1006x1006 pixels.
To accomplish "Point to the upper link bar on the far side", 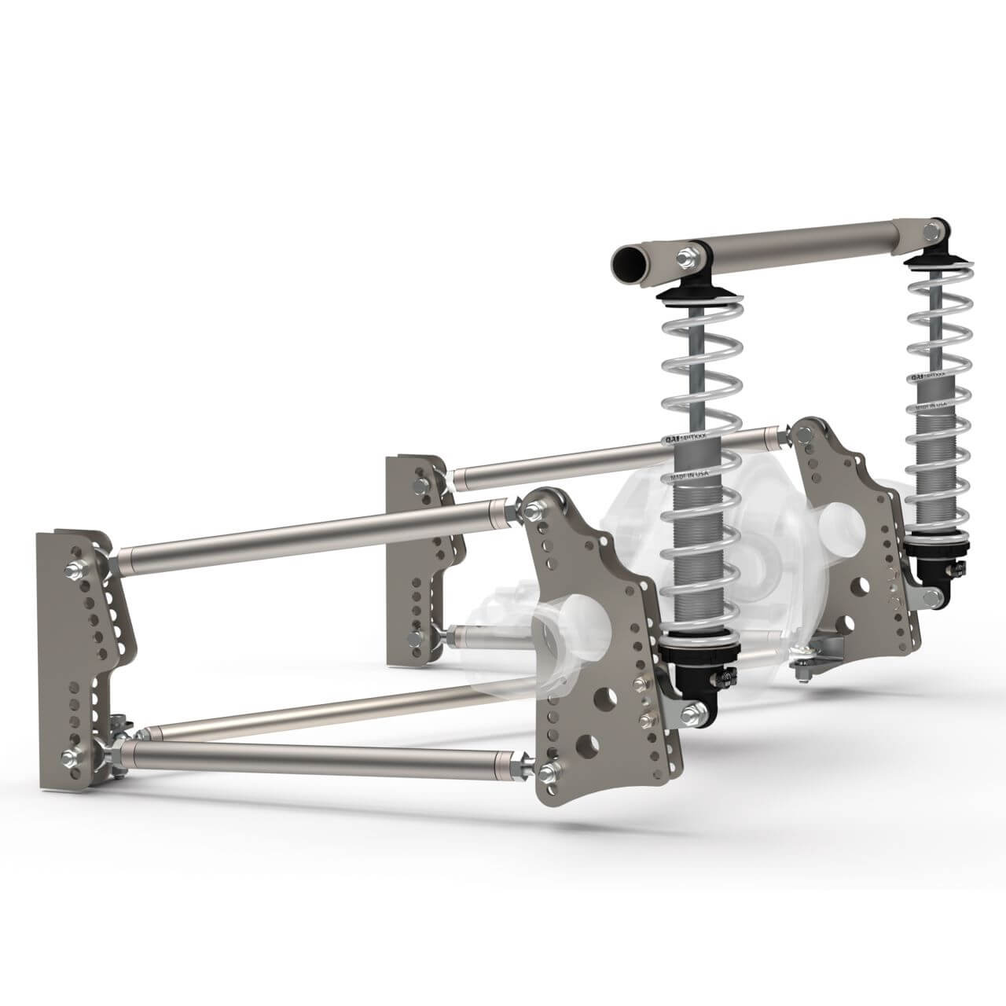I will click(613, 455).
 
